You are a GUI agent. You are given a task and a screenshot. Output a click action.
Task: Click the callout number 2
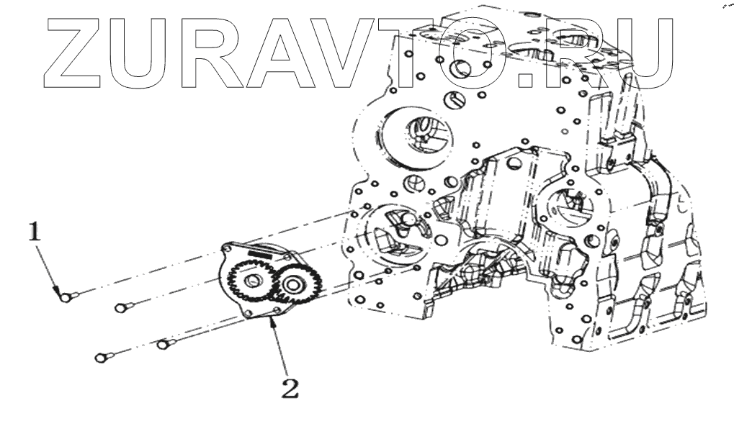(x=288, y=389)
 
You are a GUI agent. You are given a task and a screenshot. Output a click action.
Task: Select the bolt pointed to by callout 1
(x=65, y=294)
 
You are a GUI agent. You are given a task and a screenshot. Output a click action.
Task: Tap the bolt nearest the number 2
(x=164, y=344)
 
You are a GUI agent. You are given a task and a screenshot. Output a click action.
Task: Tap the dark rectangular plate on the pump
(x=260, y=253)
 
